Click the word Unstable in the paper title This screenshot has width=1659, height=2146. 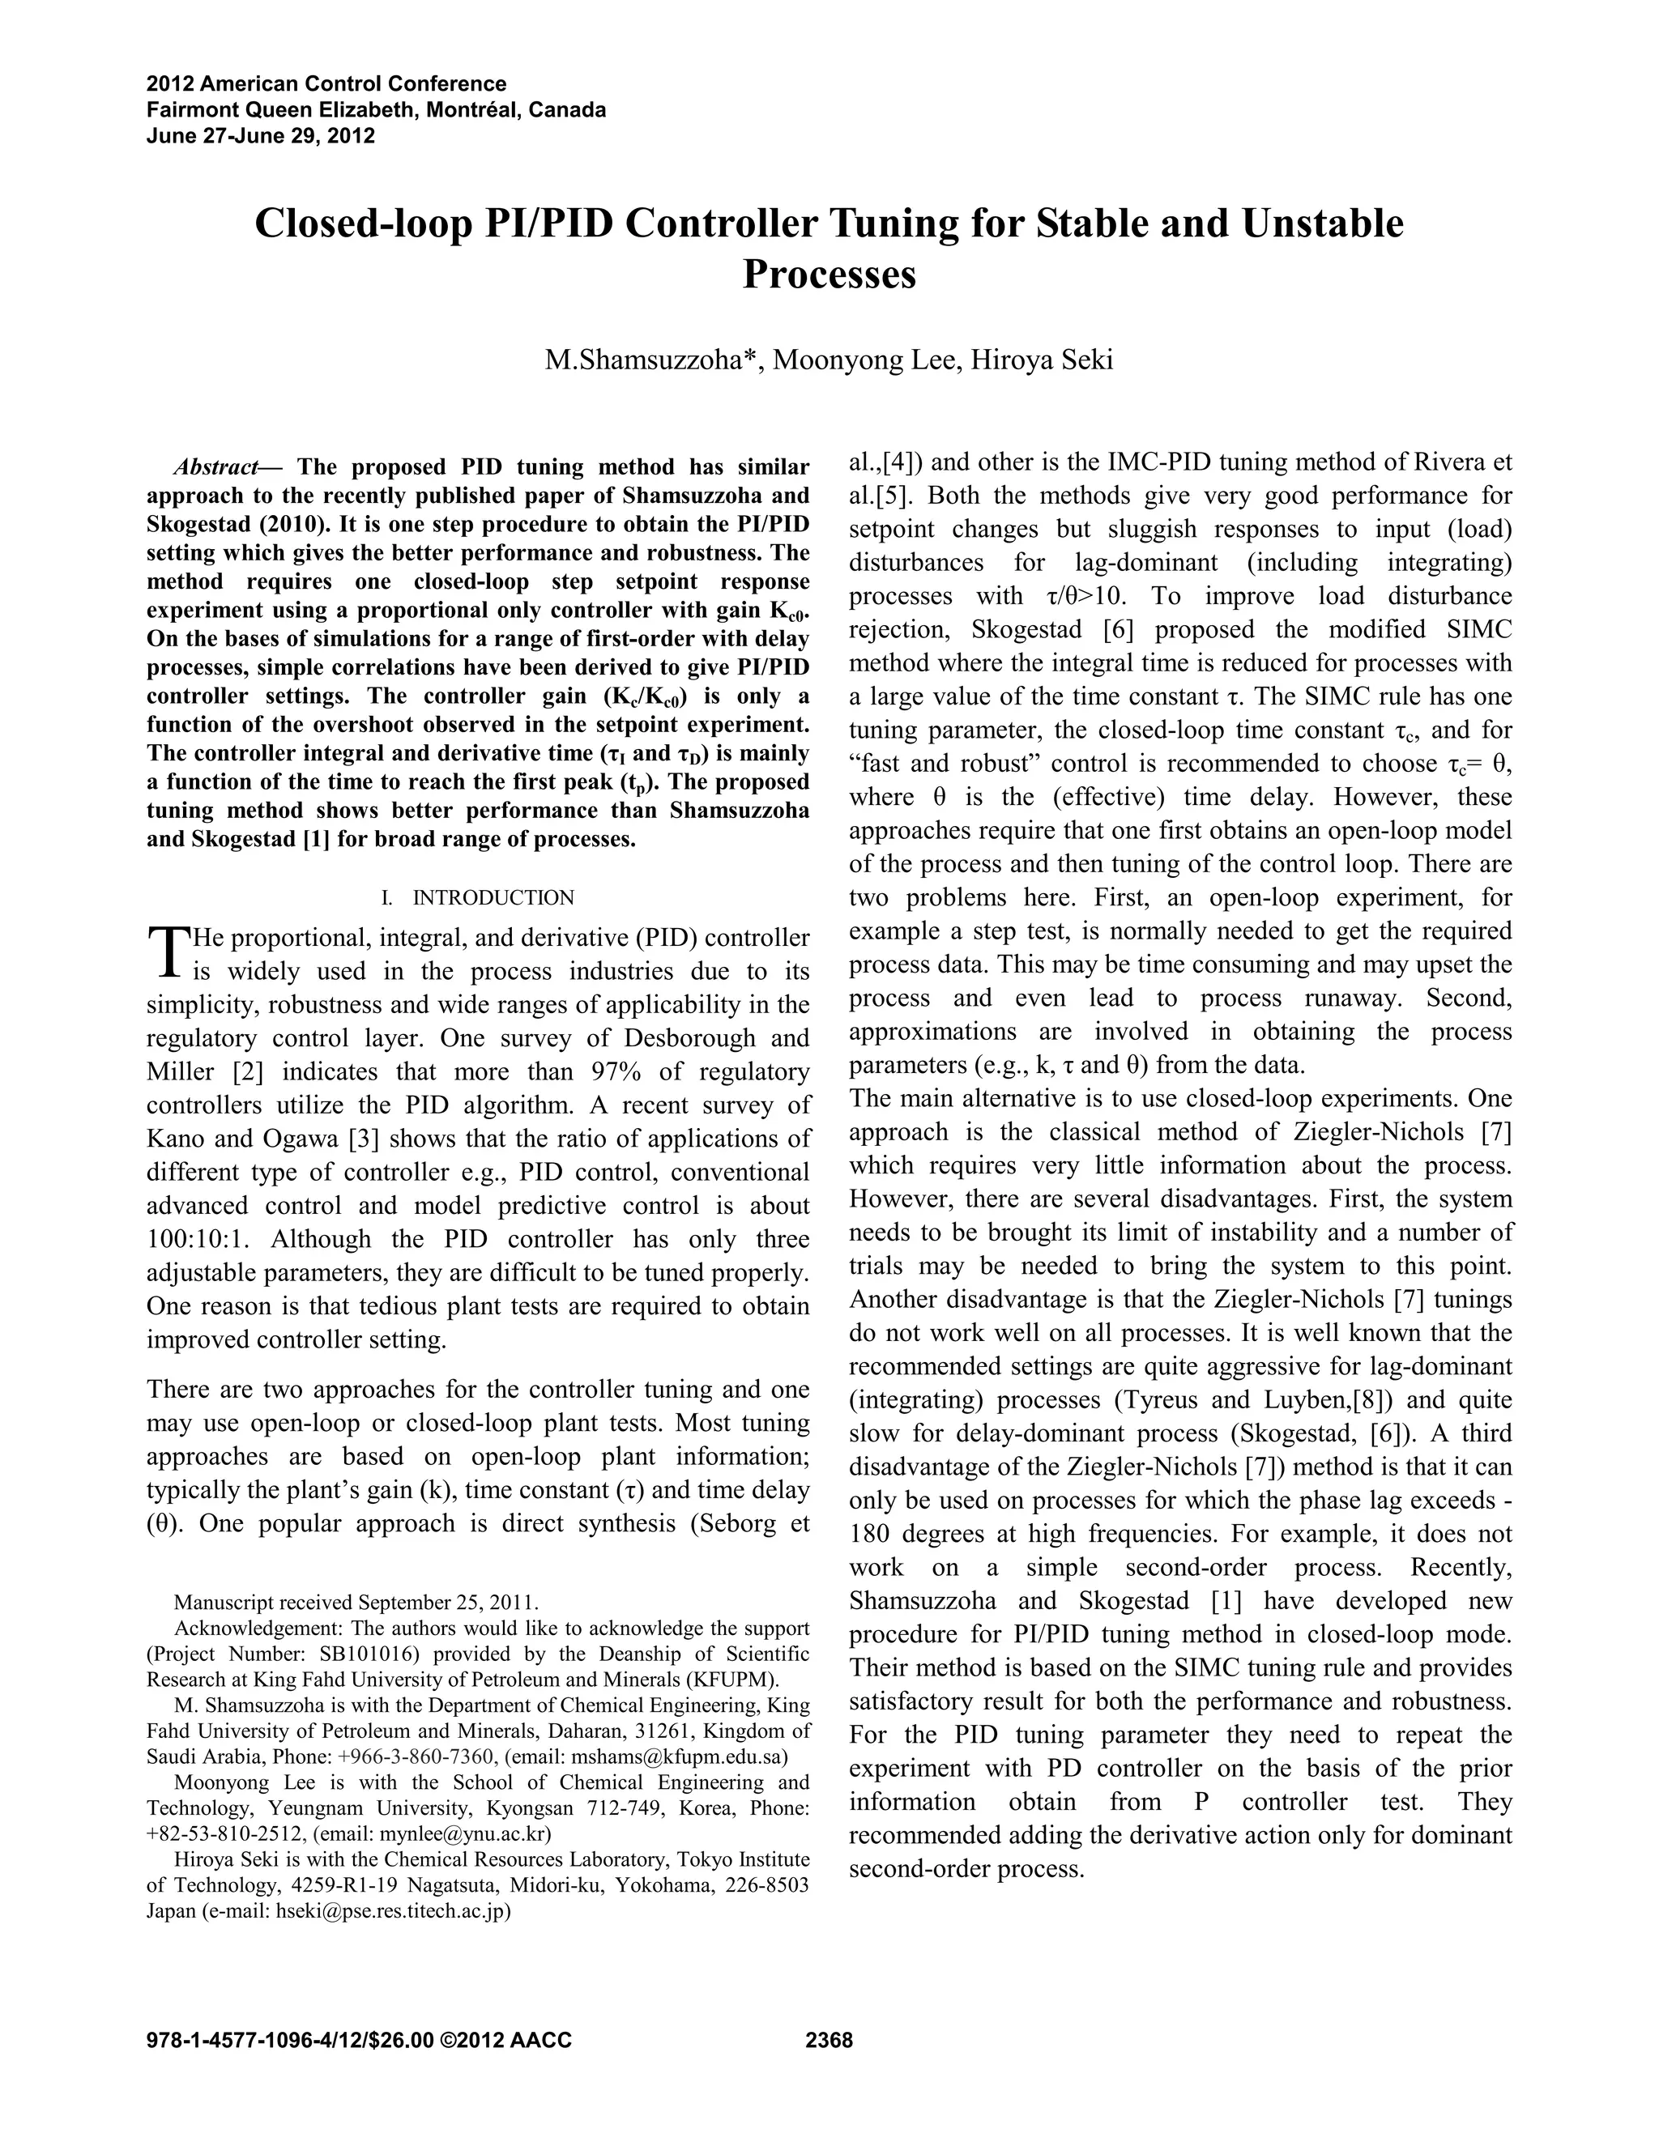[1322, 224]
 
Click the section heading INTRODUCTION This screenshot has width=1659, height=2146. [493, 897]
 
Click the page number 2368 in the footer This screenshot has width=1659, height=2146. [829, 2041]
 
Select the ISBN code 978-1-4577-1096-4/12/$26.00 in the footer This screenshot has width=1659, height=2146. [290, 2041]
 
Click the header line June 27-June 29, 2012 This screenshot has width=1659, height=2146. [261, 135]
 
